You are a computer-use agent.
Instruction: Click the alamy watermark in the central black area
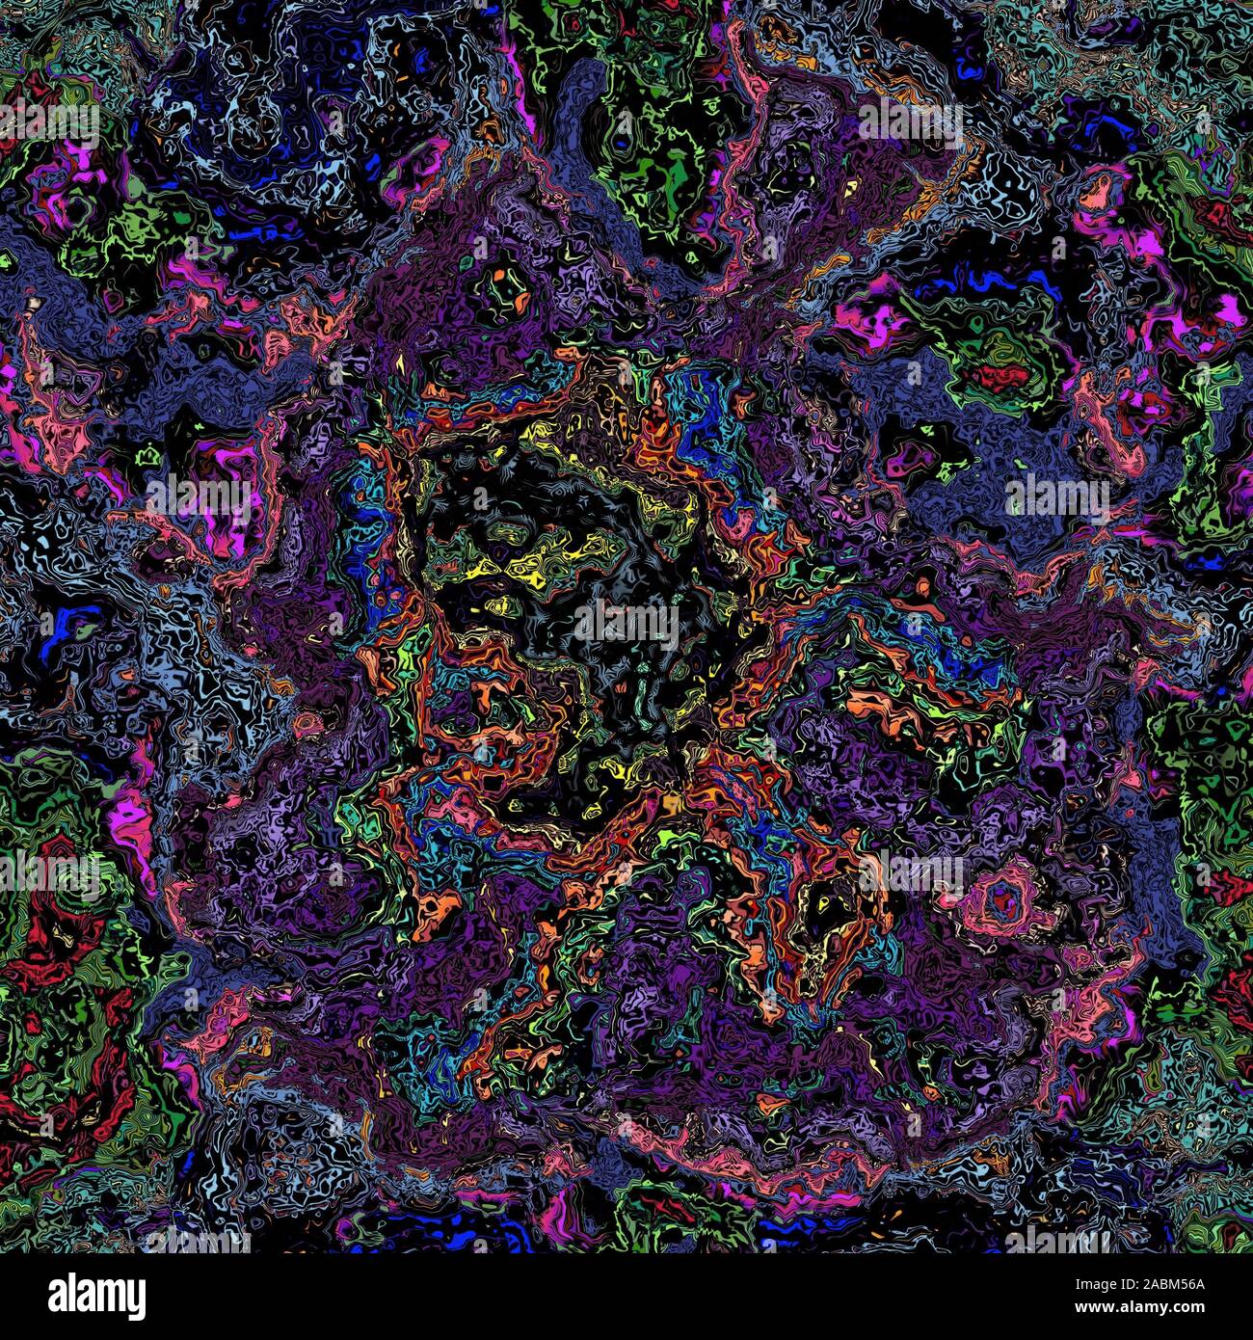(x=626, y=623)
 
